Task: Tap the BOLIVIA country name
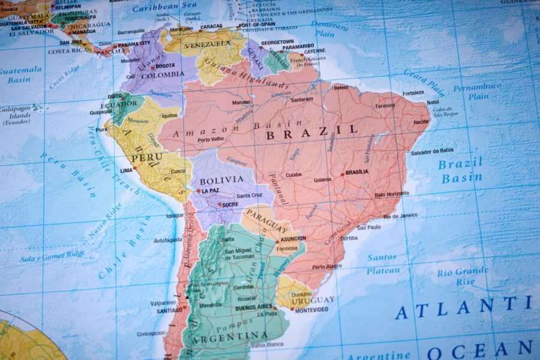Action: (x=221, y=179)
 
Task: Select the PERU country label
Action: (x=147, y=157)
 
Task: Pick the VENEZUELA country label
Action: (x=208, y=45)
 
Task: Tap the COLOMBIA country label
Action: (x=163, y=74)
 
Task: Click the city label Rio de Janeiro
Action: (x=400, y=215)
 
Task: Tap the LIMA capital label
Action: (x=126, y=170)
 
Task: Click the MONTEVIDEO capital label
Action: (x=311, y=310)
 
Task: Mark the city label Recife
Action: (x=421, y=122)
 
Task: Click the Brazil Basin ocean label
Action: (x=461, y=170)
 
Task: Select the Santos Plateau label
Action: (x=382, y=264)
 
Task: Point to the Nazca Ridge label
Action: (x=105, y=220)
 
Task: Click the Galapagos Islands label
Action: (x=16, y=115)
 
